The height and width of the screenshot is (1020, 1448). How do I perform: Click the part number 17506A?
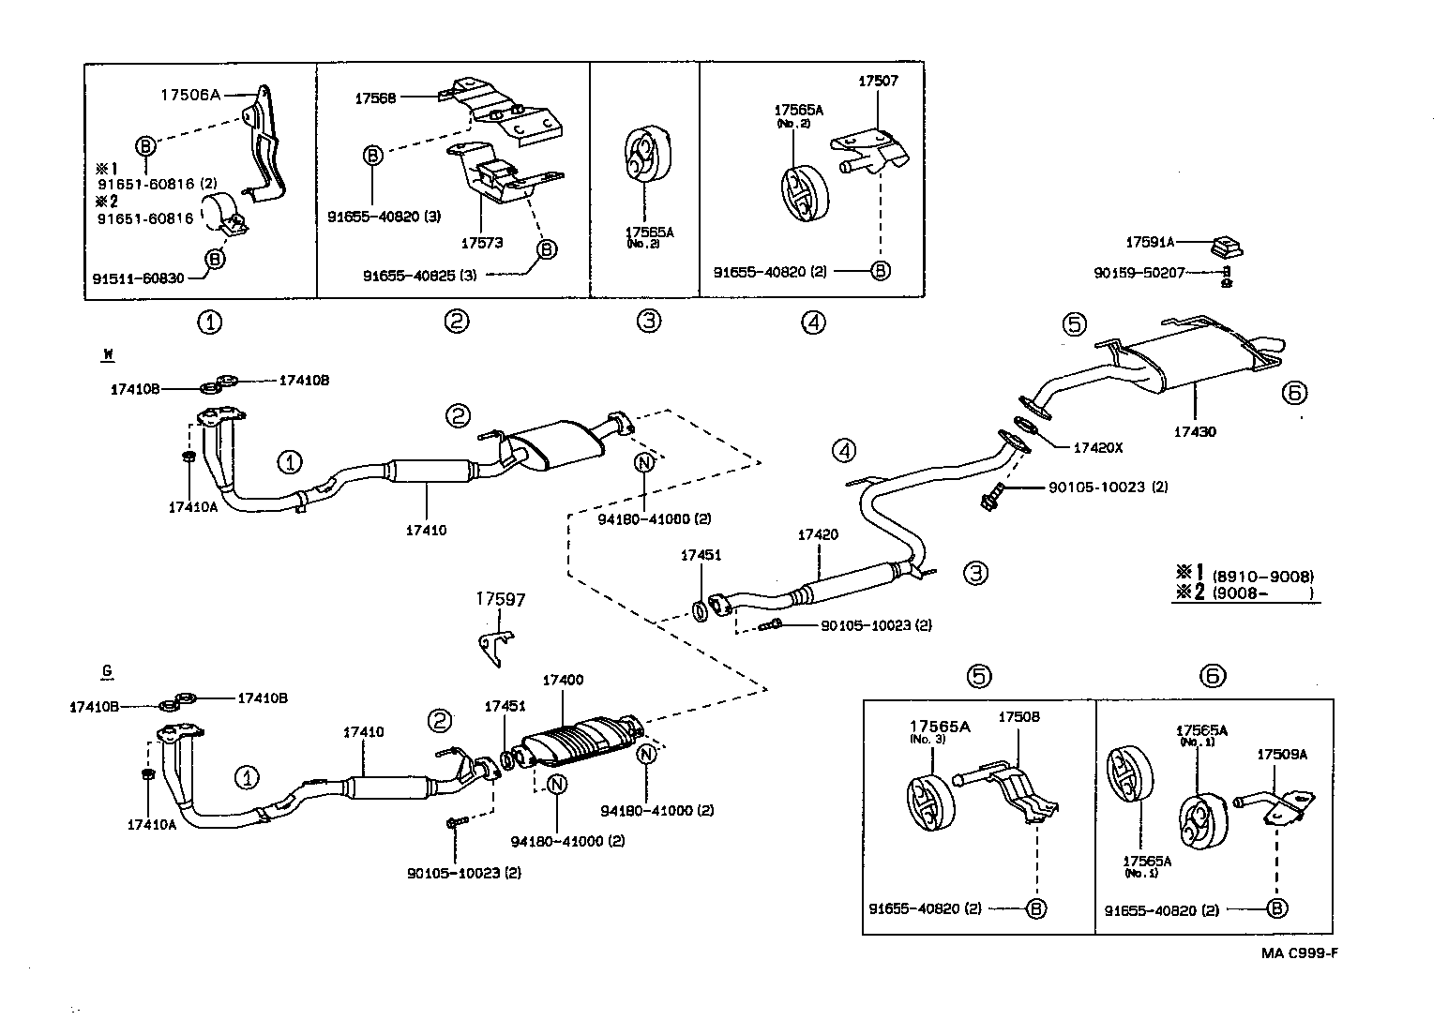point(189,94)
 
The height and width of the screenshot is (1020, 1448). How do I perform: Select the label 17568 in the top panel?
point(375,97)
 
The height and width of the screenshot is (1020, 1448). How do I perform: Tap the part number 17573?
point(481,243)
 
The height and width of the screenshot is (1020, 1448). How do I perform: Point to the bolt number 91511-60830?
point(138,277)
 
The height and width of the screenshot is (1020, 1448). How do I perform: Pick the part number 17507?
point(878,81)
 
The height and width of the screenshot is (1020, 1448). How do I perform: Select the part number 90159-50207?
point(1139,273)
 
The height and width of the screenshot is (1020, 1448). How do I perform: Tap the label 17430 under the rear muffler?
point(1195,432)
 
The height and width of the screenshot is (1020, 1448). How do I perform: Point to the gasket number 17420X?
point(1097,447)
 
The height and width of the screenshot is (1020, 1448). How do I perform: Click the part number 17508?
point(1018,717)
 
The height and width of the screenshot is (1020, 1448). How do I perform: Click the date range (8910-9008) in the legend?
point(1262,577)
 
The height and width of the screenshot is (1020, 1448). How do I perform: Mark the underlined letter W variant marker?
point(108,354)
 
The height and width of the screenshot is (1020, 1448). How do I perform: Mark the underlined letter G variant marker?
point(107,670)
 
